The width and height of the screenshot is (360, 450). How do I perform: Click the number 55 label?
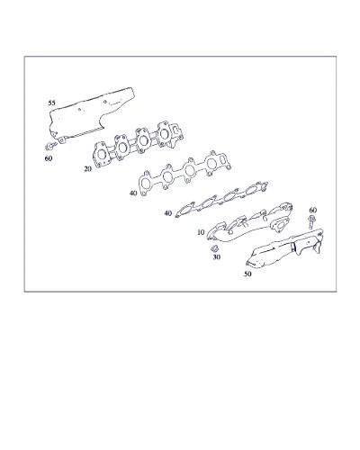coord(51,103)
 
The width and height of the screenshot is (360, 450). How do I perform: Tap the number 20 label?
coord(87,169)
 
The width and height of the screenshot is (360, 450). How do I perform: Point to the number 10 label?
coord(201,232)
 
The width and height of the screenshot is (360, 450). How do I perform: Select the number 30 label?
coord(217,257)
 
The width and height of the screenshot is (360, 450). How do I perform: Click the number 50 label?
coord(247,274)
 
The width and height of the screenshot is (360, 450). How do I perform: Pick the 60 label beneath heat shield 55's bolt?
coord(49,158)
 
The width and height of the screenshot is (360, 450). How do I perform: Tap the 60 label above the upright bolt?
coord(313,210)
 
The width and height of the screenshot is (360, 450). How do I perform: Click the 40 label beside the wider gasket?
coord(133,193)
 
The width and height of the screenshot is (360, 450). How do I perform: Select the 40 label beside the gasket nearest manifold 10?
coord(168,213)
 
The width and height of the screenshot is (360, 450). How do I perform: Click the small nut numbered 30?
coord(214,248)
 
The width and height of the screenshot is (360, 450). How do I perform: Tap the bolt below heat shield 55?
coord(50,147)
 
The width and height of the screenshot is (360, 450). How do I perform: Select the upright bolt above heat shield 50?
coord(311,222)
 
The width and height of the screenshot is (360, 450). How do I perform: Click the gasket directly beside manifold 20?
coord(184,174)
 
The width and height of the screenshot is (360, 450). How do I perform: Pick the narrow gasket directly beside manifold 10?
coord(222,199)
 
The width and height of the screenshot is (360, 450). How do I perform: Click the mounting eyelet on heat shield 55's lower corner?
coord(61,140)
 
